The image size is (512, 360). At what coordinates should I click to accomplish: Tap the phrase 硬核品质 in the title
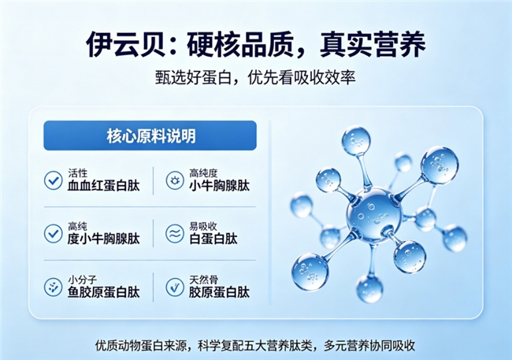(x=240, y=44)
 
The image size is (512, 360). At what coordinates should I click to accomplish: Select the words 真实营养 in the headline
(x=373, y=44)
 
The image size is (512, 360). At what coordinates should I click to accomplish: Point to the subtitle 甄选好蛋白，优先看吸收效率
(x=255, y=78)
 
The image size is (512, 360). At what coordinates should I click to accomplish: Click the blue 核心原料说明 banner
(x=150, y=135)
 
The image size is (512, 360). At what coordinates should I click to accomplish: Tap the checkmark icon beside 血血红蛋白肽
(x=54, y=180)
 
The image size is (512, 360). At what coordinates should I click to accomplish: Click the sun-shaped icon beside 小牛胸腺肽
(x=175, y=180)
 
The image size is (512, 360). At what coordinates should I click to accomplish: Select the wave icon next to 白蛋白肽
(x=175, y=234)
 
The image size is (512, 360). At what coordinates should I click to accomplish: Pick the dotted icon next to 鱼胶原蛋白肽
(x=54, y=288)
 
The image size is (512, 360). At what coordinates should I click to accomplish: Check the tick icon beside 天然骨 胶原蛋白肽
(x=175, y=288)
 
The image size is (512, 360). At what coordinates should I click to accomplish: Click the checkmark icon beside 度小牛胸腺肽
(x=54, y=234)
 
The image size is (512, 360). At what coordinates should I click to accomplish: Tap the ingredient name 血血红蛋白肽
(x=103, y=186)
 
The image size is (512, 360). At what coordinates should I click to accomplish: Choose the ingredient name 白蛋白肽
(x=213, y=239)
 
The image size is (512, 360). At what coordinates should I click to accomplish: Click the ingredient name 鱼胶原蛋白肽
(x=103, y=292)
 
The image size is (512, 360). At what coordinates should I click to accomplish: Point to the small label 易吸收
(x=203, y=226)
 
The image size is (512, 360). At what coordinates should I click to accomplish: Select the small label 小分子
(x=82, y=280)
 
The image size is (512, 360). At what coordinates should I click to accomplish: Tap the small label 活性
(x=78, y=173)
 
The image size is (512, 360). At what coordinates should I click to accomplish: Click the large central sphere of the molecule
(x=374, y=214)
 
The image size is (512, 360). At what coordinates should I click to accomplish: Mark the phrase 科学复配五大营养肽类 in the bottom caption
(x=255, y=345)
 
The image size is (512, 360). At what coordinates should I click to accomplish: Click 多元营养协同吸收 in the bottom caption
(x=369, y=345)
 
